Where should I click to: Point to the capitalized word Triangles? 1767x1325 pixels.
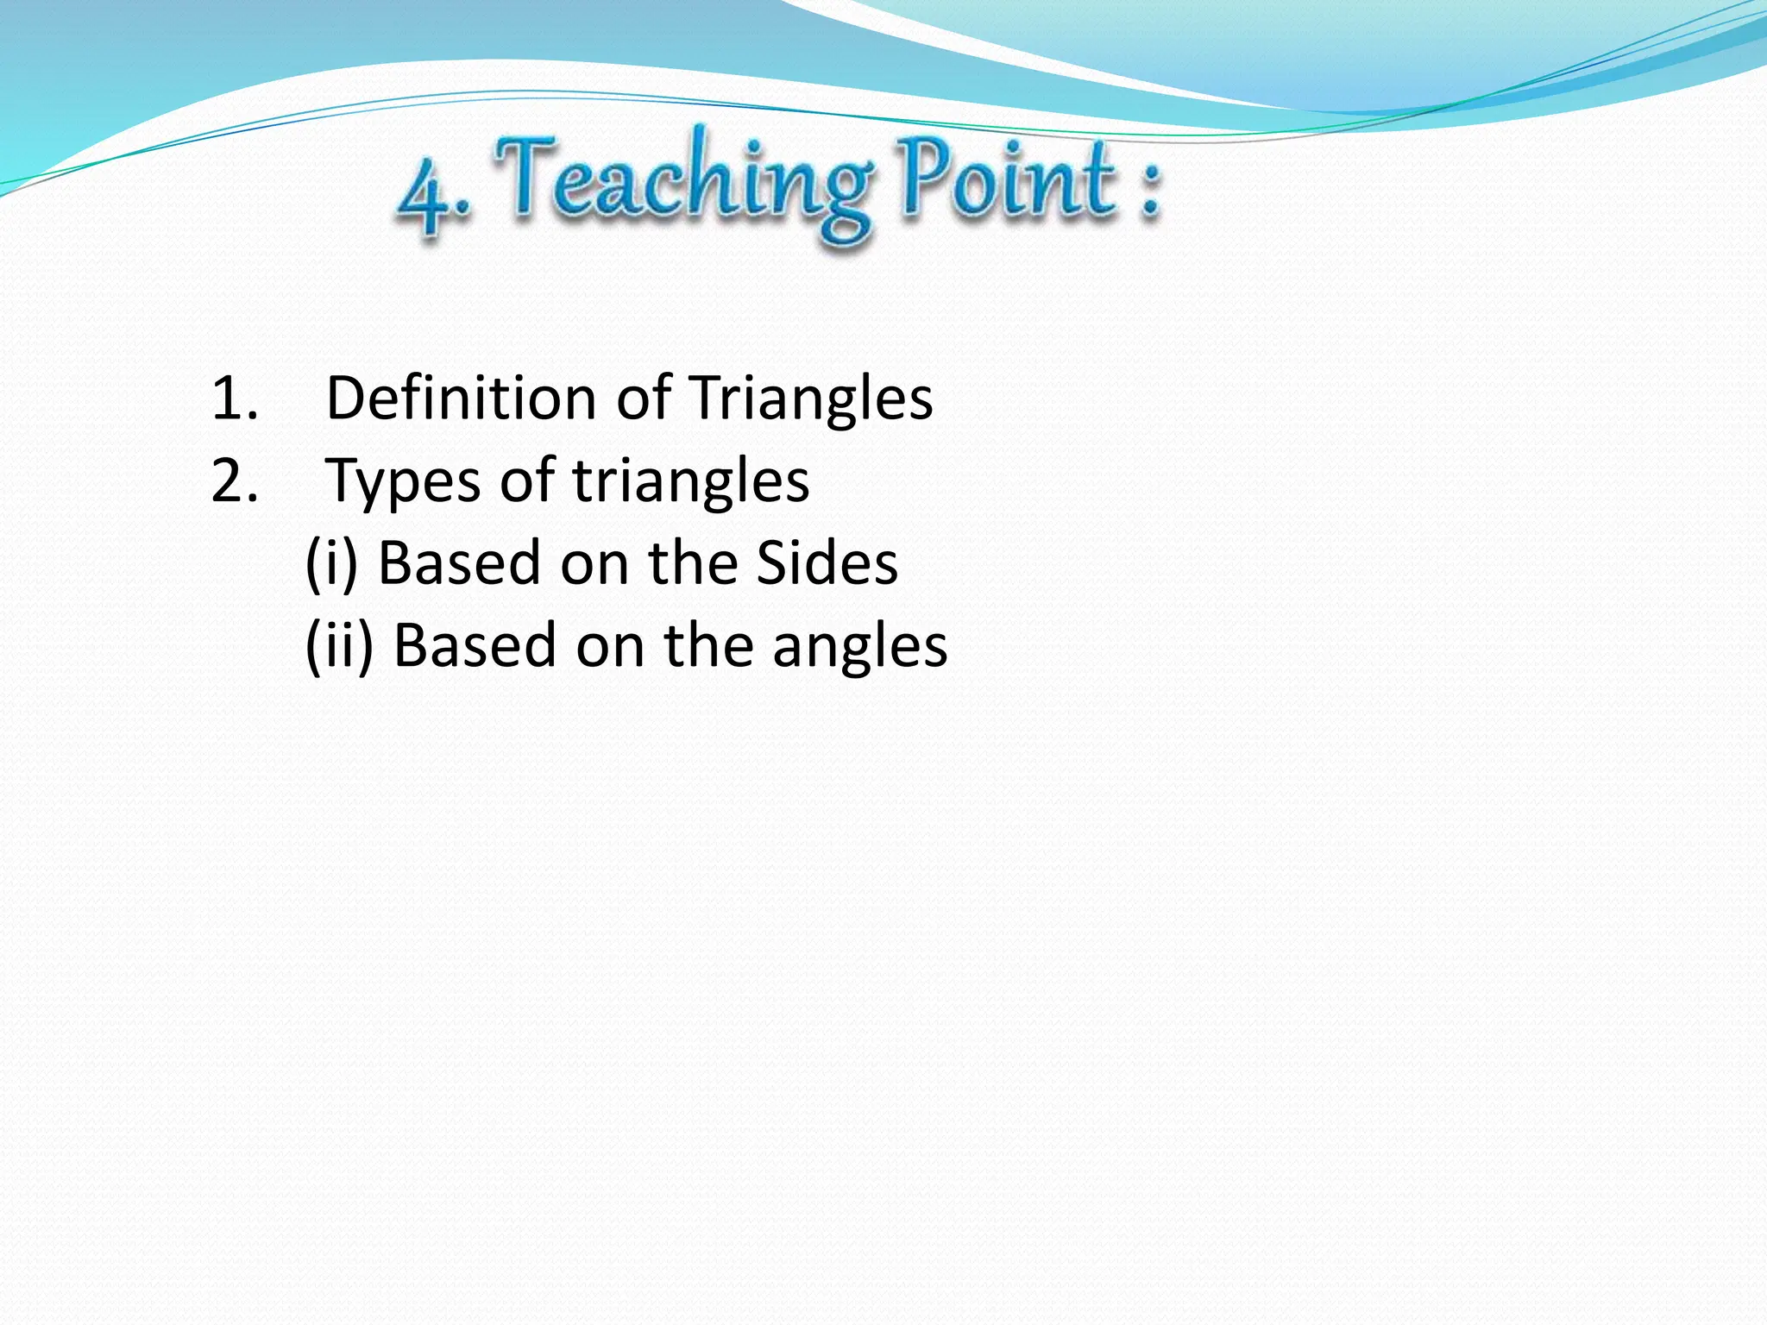812,399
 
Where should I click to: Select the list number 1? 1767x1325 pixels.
233,399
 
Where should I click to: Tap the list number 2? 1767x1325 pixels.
234,480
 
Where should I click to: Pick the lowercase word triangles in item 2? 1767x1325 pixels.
691,481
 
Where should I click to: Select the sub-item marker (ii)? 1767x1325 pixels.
339,645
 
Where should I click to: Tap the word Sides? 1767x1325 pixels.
827,563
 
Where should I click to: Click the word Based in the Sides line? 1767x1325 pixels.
459,563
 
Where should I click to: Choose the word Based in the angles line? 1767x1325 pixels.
475,645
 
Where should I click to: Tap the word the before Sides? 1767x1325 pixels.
693,563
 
